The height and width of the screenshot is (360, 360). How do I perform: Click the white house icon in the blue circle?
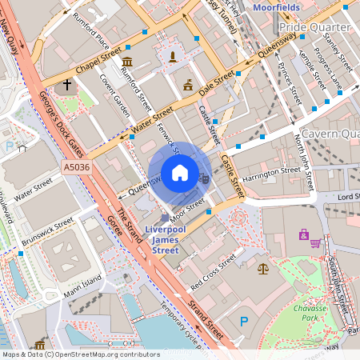point(180,173)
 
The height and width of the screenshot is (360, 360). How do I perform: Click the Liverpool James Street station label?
point(166,239)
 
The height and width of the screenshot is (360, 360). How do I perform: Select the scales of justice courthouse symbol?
point(264,268)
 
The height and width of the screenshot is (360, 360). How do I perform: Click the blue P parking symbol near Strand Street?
point(244,322)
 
